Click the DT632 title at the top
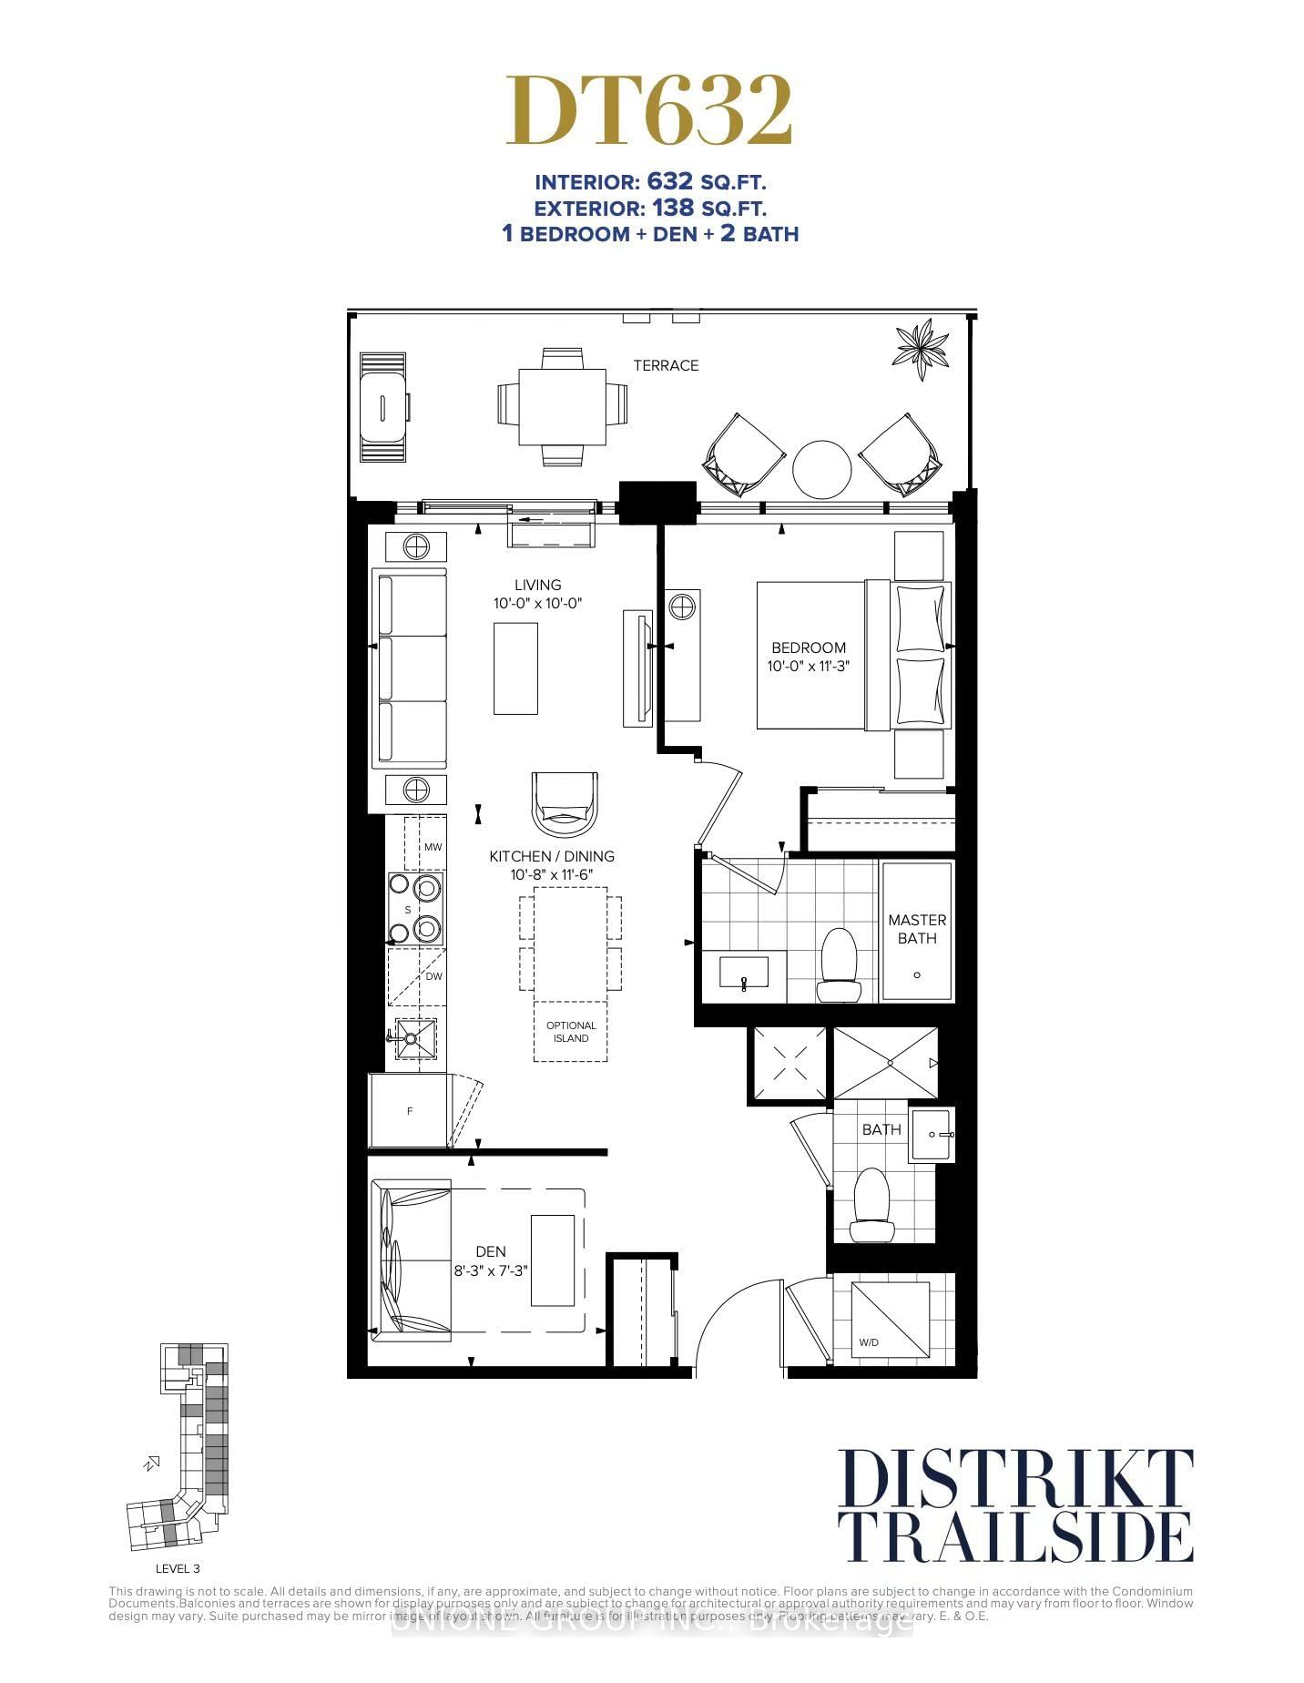(x=649, y=111)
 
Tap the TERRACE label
(x=666, y=365)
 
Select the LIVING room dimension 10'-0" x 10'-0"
(x=537, y=603)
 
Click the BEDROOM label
(x=809, y=648)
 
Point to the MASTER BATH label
(x=917, y=929)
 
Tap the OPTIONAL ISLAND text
(x=571, y=1031)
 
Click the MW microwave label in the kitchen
(x=433, y=847)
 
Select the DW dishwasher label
(x=433, y=976)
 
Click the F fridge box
(x=409, y=1110)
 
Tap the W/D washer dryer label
(x=868, y=1342)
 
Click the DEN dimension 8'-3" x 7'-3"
(x=492, y=1270)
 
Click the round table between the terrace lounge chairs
(x=821, y=470)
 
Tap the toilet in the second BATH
(x=871, y=1204)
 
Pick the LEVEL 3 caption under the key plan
(x=178, y=1568)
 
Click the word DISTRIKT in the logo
(x=1014, y=1480)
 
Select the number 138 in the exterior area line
(x=673, y=208)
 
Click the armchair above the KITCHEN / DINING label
(x=565, y=801)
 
